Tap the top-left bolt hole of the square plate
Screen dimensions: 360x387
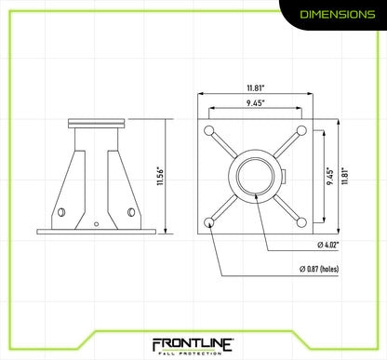click(211, 129)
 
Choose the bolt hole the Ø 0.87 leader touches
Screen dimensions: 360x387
click(211, 220)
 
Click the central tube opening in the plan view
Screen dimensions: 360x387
click(256, 174)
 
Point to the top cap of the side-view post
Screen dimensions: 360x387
click(97, 122)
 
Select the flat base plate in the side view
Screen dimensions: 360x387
click(97, 230)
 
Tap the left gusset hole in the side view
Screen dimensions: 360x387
click(63, 212)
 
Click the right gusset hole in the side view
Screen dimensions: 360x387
click(129, 212)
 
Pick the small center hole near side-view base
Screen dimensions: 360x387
click(97, 223)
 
